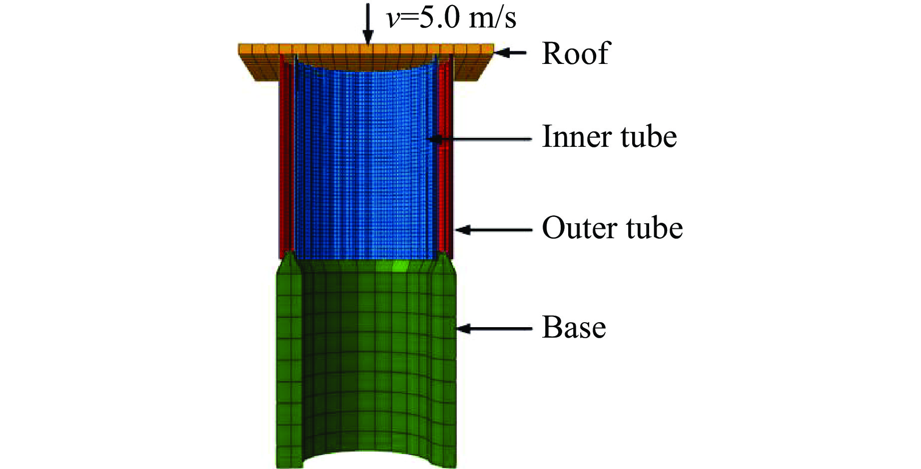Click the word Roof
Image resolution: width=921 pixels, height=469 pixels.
576,53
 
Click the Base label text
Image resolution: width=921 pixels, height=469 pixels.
574,328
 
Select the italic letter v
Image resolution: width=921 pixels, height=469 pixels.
393,19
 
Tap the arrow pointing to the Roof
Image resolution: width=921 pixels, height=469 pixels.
511,52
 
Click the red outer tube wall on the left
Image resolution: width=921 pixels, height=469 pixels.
286,160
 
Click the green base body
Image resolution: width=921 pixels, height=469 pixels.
365,360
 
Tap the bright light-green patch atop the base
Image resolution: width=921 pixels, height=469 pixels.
399,265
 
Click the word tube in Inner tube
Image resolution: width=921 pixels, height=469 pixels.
649,136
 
